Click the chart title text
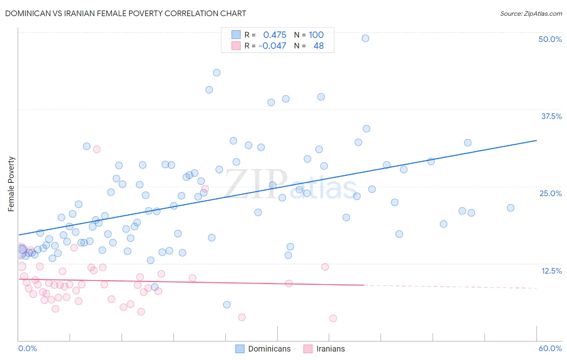[125, 13]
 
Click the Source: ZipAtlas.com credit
[531, 13]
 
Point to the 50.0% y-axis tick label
[550, 39]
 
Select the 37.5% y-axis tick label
[551, 116]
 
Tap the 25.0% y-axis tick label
[550, 193]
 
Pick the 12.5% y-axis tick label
[551, 271]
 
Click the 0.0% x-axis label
[27, 348]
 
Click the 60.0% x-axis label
[550, 348]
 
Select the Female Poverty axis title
[11, 184]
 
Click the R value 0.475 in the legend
[275, 35]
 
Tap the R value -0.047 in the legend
[272, 46]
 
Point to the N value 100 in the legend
[316, 35]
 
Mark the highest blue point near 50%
[365, 38]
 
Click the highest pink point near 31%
[97, 149]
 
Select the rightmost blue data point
[511, 208]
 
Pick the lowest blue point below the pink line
[227, 305]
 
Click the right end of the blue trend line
[536, 140]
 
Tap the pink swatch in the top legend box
[236, 46]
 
